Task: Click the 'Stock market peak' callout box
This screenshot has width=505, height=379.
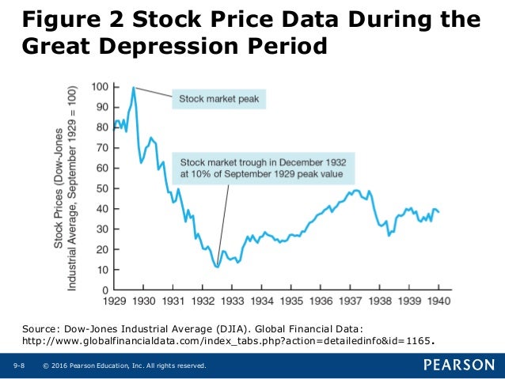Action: (x=218, y=100)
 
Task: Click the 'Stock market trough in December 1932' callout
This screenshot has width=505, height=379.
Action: (x=268, y=165)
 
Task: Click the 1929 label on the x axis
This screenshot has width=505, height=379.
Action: (x=116, y=301)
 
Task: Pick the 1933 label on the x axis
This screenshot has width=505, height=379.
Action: (x=232, y=301)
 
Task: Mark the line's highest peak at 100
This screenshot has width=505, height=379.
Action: (x=134, y=87)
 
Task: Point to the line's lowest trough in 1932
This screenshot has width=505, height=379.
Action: (x=217, y=267)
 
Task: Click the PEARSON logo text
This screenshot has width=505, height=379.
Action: (x=458, y=365)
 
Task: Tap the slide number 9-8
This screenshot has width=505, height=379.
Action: (x=19, y=366)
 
